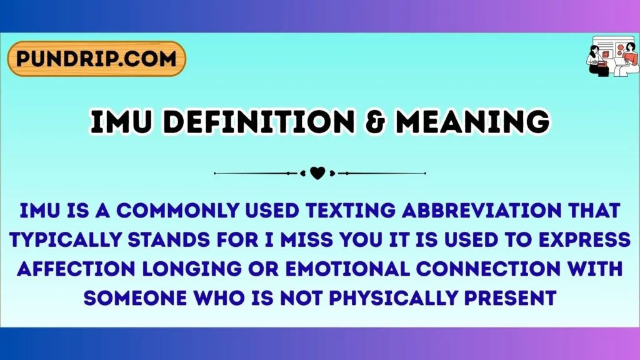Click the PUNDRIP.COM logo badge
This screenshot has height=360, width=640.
97,59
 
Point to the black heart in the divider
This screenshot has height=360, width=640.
317,173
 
